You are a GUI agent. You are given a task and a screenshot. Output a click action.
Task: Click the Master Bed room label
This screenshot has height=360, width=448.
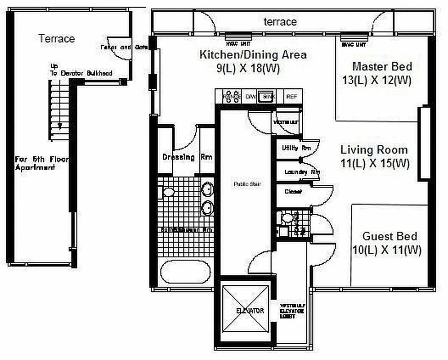382,67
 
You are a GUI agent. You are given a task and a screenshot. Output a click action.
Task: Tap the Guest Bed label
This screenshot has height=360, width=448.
390,236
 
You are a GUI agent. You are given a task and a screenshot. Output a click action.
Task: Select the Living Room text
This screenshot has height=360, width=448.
374,150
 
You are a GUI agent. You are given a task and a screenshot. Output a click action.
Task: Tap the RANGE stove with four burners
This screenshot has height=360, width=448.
232,97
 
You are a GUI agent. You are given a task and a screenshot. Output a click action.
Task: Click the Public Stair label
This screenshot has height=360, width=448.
245,184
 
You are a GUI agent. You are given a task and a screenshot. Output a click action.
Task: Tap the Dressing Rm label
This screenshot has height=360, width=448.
187,157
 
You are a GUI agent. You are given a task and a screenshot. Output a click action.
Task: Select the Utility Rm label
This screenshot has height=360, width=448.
296,148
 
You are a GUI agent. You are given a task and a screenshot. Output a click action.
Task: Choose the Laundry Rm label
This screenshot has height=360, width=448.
302,172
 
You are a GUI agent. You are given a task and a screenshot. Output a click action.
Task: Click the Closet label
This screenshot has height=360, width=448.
293,192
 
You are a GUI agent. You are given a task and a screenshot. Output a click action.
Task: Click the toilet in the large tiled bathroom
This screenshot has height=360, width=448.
168,192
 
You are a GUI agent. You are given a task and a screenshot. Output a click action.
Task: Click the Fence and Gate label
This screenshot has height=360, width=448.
116,47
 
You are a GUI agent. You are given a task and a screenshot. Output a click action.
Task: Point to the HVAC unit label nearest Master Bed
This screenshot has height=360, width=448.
354,45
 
